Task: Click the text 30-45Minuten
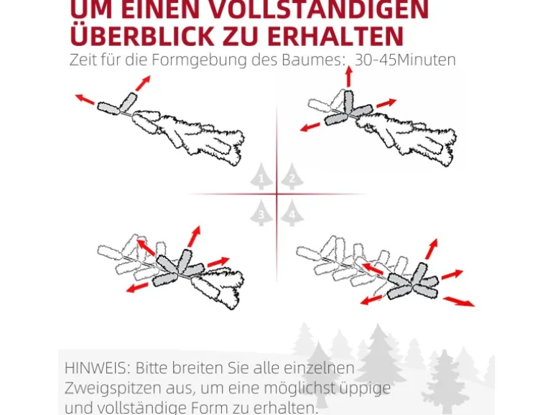[x=405, y=60]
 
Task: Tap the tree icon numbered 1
[x=261, y=177]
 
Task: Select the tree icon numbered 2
[x=291, y=177]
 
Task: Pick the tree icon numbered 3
[x=261, y=213]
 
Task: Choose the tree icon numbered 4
[x=291, y=213]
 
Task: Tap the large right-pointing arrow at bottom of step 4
[x=459, y=301]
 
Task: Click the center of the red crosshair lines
[x=276, y=195]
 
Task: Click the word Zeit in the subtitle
[x=83, y=60]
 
